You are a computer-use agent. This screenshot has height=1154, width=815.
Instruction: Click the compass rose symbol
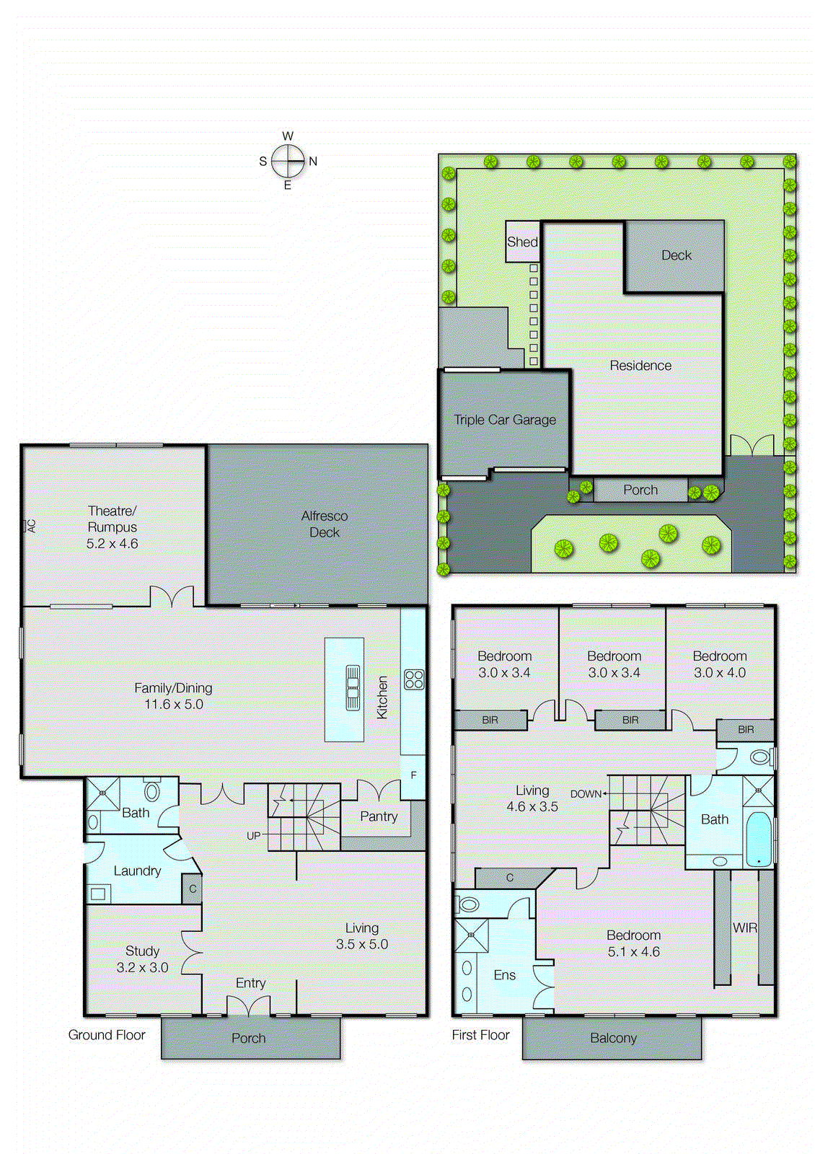[288, 161]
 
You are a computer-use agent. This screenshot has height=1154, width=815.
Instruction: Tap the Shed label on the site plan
[522, 242]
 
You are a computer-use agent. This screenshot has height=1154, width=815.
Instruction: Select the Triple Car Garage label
[505, 420]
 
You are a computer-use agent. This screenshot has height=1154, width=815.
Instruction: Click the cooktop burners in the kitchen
[414, 679]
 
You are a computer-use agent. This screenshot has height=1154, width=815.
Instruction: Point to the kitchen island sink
[353, 688]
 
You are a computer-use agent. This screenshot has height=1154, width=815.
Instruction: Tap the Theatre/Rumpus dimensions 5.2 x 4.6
[112, 544]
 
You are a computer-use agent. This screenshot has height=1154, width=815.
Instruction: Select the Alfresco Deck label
[325, 524]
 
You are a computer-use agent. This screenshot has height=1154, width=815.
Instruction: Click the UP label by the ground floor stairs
[253, 836]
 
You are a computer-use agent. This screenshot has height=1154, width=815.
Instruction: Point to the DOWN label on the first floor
[586, 793]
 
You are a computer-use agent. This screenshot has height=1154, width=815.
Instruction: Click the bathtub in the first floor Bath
[758, 839]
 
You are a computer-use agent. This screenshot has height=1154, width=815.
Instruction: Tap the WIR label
[745, 928]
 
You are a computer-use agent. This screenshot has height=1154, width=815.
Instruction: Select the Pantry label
[379, 816]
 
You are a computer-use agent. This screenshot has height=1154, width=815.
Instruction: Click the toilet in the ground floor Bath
[151, 791]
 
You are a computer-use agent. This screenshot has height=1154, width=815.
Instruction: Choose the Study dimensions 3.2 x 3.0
[142, 968]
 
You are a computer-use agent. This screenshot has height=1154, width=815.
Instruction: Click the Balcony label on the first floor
[613, 1038]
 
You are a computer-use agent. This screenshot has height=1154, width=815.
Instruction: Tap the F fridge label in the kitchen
[413, 775]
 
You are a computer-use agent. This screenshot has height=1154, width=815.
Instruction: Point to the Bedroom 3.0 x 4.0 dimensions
[720, 673]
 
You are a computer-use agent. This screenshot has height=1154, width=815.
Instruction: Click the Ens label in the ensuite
[504, 975]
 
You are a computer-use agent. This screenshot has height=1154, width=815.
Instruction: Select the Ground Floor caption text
[107, 1035]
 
